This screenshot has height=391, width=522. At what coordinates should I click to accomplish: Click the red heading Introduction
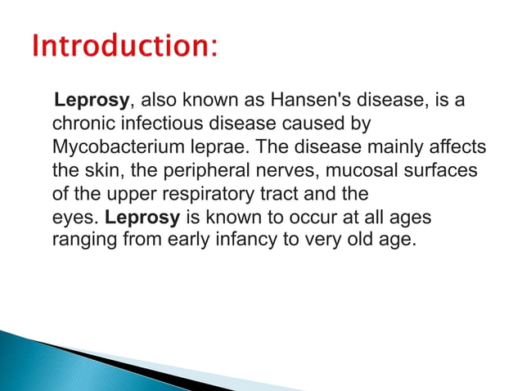124,47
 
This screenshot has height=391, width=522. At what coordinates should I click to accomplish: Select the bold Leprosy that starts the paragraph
91,101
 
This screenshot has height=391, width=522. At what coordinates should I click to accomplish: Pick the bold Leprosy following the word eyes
143,219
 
